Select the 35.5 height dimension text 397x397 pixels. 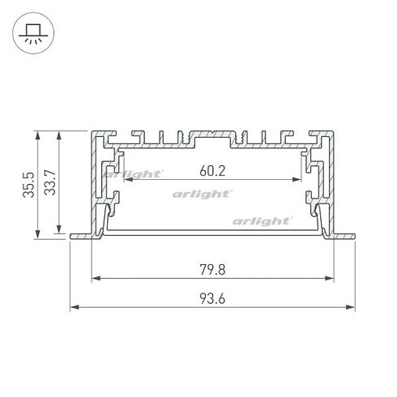click(x=28, y=184)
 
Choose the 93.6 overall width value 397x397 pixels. click(x=212, y=298)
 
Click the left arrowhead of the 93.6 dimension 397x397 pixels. click(x=74, y=308)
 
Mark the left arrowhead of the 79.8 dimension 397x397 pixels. click(x=95, y=279)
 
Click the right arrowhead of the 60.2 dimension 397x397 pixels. click(x=298, y=180)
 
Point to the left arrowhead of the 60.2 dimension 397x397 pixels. click(x=123, y=180)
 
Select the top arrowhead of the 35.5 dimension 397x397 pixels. click(x=37, y=135)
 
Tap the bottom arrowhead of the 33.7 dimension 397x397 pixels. click(x=58, y=231)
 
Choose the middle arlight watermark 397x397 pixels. click(x=203, y=194)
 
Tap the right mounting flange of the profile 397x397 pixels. click(x=342, y=237)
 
